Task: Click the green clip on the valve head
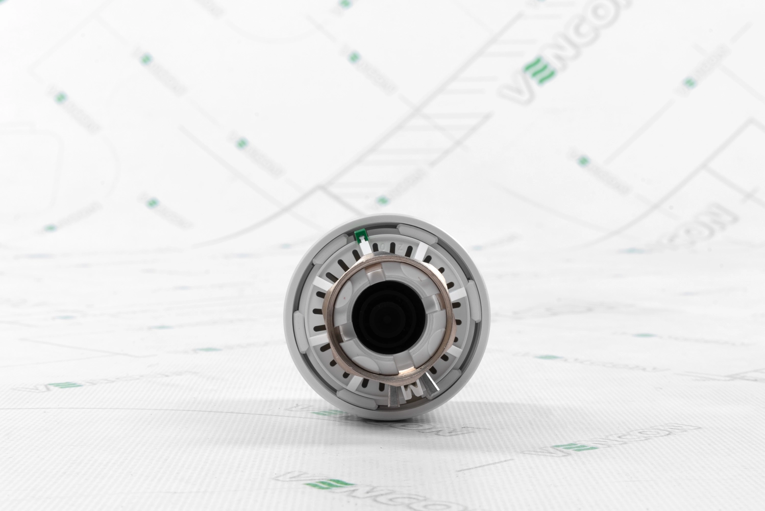pos(362,236)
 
